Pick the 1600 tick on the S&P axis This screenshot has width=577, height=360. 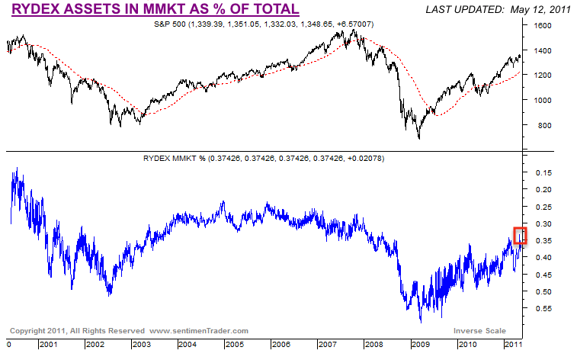pyautogui.click(x=542, y=25)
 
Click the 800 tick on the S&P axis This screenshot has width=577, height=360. pyautogui.click(x=540, y=125)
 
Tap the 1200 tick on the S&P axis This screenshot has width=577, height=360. pyautogui.click(x=542, y=75)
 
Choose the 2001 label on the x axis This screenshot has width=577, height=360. pyautogui.click(x=50, y=345)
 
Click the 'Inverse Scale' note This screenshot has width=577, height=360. pyautogui.click(x=479, y=331)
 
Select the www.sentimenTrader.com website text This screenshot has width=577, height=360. pyautogui.click(x=200, y=331)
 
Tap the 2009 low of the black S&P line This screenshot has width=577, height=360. pyautogui.click(x=418, y=138)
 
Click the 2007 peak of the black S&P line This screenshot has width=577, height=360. pyautogui.click(x=353, y=30)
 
